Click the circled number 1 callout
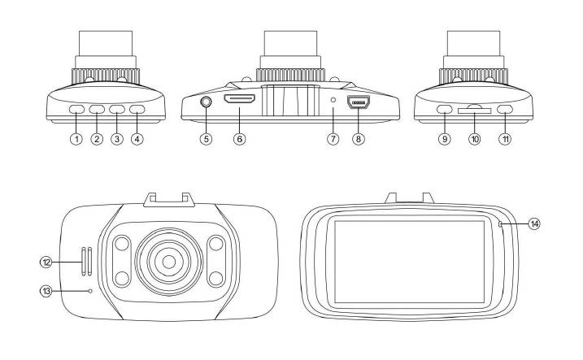76,139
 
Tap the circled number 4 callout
137,139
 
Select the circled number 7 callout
333,139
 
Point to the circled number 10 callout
475,139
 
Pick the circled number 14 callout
533,223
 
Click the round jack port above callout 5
206,102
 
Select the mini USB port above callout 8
359,103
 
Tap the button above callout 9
444,109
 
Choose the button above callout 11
506,109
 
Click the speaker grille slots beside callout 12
86,261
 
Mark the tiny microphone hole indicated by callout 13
89,290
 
